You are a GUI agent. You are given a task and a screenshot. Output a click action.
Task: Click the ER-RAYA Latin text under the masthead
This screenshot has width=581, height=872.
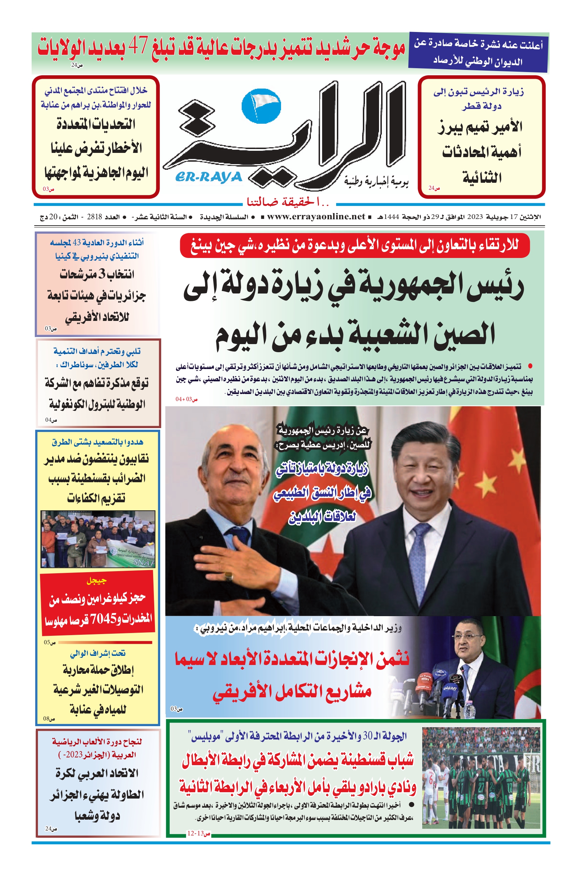(x=209, y=177)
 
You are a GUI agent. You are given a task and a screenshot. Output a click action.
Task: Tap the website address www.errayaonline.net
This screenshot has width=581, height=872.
(x=316, y=217)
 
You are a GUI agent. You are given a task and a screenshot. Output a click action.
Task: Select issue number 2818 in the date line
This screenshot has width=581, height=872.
(x=94, y=217)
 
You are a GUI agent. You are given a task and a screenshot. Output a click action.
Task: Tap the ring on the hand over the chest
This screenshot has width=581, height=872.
(x=229, y=576)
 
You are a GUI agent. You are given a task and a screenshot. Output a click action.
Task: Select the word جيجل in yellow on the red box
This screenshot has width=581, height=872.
(x=97, y=581)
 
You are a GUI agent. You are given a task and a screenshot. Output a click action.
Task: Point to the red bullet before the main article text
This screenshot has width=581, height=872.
(x=530, y=367)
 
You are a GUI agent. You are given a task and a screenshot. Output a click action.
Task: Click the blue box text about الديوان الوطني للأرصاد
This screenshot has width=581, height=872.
(x=478, y=53)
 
